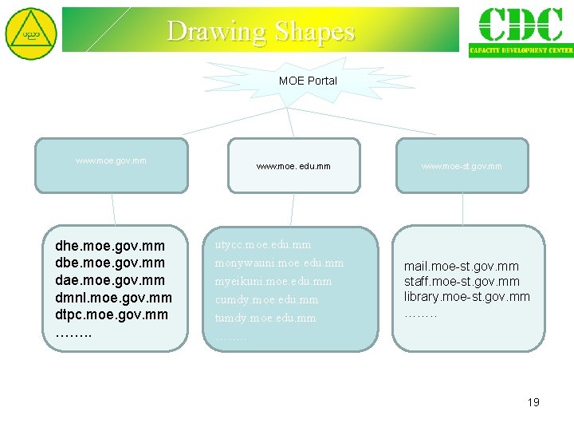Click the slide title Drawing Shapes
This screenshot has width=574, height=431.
261,31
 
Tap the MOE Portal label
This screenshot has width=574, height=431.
308,81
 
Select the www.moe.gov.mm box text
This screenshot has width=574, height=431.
111,160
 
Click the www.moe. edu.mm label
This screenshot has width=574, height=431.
293,166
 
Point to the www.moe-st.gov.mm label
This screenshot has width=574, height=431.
462,166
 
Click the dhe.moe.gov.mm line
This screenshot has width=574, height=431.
110,246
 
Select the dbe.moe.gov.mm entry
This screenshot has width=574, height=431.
110,263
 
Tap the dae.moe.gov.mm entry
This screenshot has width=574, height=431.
110,280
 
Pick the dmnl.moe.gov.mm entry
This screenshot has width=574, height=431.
113,298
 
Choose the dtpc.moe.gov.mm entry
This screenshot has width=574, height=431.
112,314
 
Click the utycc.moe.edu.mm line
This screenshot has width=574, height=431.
263,244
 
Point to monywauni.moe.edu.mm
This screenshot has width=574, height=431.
279,263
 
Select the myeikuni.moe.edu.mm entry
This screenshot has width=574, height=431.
273,281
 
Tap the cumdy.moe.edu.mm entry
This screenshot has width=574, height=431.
266,299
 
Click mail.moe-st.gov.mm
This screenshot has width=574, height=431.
461,266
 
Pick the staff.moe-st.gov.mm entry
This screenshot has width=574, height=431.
462,281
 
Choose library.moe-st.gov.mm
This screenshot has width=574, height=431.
466,297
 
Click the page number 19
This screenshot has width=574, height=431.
533,402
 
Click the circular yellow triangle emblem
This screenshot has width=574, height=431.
31,34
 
